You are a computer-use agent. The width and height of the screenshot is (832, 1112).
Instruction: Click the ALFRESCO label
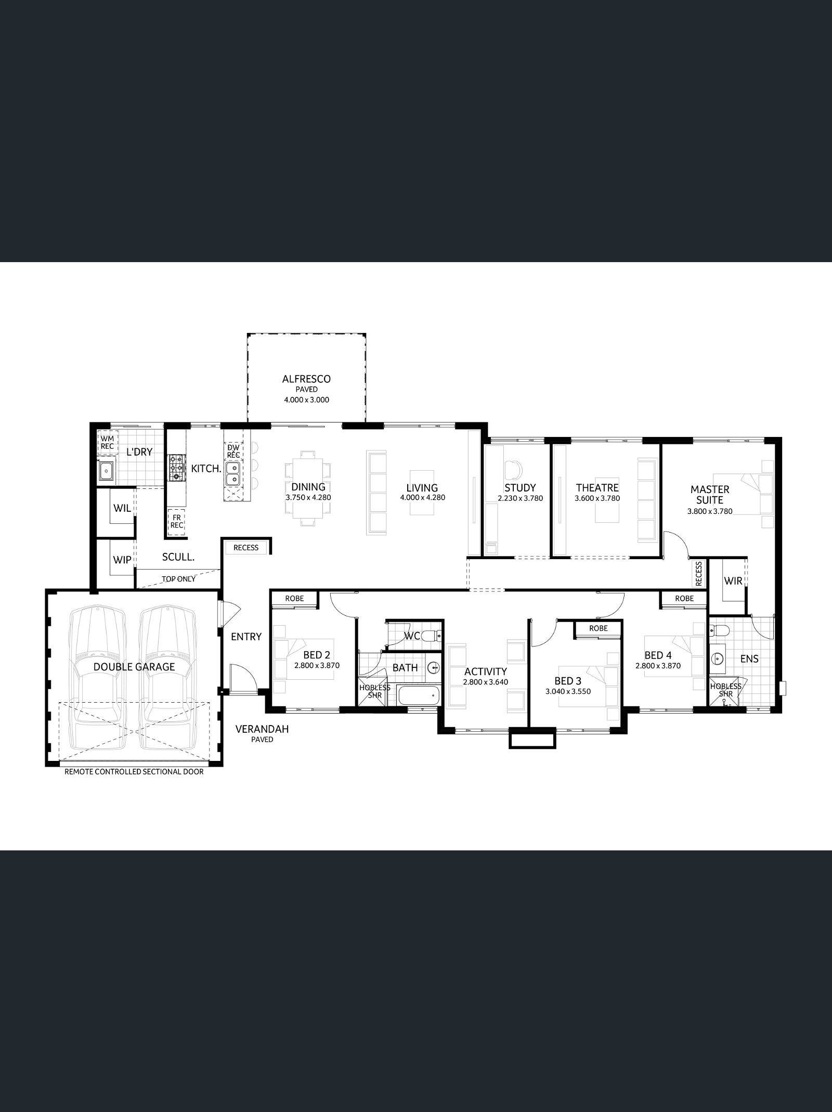306,379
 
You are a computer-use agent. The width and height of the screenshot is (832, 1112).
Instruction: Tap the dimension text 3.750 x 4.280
308,497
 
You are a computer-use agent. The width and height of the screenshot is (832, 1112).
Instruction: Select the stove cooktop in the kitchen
176,466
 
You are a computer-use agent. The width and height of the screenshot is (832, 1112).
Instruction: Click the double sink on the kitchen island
232,472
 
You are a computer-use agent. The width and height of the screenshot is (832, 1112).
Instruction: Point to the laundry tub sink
107,471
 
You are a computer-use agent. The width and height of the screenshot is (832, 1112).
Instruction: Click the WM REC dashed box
108,442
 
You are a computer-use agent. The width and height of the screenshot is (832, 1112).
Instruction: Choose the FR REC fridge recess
177,522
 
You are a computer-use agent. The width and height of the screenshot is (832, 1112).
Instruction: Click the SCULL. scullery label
178,557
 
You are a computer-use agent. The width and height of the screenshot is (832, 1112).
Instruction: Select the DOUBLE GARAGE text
134,667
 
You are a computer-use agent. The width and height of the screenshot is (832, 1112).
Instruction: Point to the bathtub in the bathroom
418,695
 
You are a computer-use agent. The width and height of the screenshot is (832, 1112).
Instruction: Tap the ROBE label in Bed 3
599,628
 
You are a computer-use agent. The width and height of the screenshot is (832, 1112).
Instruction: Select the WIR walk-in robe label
733,580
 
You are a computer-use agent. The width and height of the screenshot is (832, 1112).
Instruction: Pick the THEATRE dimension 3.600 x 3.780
597,498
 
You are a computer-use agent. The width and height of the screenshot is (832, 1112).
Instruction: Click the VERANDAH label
262,729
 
